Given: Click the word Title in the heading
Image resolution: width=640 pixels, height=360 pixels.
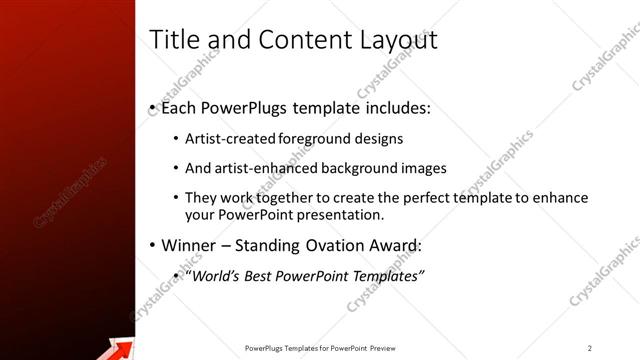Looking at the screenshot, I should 171,40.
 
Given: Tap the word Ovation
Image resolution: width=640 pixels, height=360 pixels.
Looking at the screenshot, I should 337,246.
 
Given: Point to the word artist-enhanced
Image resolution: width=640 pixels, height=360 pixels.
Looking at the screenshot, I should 266,168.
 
